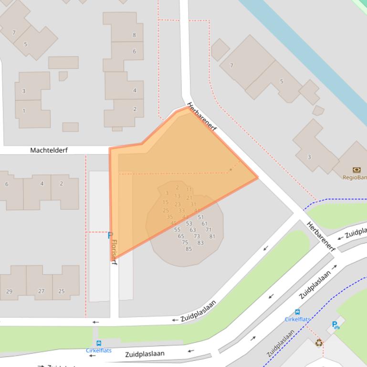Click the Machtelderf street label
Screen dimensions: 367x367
(x=49, y=150)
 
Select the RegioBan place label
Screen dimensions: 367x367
(x=355, y=177)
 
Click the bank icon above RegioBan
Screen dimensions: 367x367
(x=357, y=170)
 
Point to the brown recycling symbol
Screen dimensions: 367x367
(x=319, y=342)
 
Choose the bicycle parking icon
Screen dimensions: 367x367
(x=336, y=326)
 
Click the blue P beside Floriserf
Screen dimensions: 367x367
(x=110, y=235)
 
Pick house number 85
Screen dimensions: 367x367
(x=189, y=249)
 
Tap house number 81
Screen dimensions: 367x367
(x=212, y=236)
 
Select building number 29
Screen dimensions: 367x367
(x=9, y=291)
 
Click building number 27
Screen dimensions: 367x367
(x=41, y=291)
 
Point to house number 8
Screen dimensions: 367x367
(x=134, y=35)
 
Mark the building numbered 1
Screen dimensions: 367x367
(x=23, y=111)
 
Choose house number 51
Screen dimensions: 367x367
(x=200, y=217)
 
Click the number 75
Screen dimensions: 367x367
(x=185, y=242)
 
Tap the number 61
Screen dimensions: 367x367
(x=204, y=224)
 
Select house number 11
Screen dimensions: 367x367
(x=189, y=190)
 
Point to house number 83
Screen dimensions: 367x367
(x=200, y=243)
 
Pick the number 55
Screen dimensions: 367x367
(x=177, y=230)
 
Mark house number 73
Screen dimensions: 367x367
(x=197, y=236)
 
